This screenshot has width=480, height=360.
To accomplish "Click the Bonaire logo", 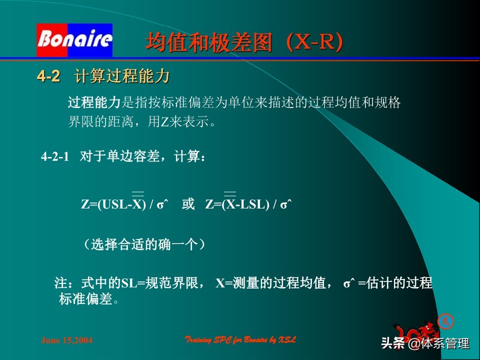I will pos(74,40).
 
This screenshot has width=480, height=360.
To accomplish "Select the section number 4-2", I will pos(48,76).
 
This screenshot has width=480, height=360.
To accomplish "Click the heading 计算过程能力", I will pos(122,76).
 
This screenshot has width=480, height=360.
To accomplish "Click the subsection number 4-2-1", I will pos(54,157).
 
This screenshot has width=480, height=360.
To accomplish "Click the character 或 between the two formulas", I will pos(188,205).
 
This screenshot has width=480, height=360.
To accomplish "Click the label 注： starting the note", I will pos(66,283).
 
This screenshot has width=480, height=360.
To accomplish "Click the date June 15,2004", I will pos(66,340).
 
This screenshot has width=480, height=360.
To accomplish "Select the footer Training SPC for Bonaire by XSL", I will pos(240,340).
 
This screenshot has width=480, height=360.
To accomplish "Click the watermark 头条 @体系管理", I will pos(425,343).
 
